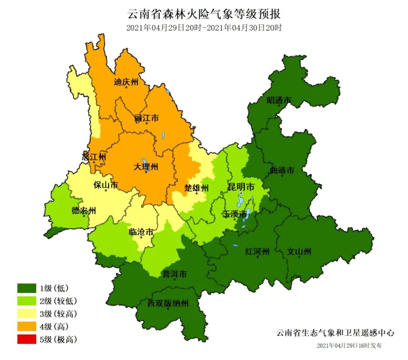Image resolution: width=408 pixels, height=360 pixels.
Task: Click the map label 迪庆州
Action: (126, 82)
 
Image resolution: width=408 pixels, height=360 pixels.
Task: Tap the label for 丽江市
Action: (146, 118)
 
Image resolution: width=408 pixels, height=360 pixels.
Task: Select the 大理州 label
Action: (146, 167)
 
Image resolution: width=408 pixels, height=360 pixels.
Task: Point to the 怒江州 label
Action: (94, 157)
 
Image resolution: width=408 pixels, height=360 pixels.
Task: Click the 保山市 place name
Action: (106, 185)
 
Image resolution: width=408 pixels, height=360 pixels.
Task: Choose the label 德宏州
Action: (84, 211)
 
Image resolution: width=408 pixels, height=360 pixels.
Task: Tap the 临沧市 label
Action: (141, 232)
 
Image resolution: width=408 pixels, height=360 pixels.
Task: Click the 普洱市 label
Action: (175, 274)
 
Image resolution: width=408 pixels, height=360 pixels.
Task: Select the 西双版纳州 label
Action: (168, 303)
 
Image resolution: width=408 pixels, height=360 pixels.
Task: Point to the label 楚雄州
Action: (196, 188)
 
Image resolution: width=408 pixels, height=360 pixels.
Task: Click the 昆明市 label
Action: (241, 187)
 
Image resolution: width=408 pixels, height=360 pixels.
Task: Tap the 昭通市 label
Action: (279, 100)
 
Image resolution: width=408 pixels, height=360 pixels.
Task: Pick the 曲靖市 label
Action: (282, 170)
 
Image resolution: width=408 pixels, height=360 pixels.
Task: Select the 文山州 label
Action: (299, 251)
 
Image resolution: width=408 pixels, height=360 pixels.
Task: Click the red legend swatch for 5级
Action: (26, 339)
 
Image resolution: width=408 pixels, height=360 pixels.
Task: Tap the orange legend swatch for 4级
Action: (26, 326)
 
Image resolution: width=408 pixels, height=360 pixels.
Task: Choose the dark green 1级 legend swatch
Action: (26, 289)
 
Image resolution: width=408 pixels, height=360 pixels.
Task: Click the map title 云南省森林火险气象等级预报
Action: (204, 14)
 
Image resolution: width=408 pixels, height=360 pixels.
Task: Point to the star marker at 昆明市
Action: (241, 193)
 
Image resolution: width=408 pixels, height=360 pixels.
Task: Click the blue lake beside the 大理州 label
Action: (144, 164)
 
